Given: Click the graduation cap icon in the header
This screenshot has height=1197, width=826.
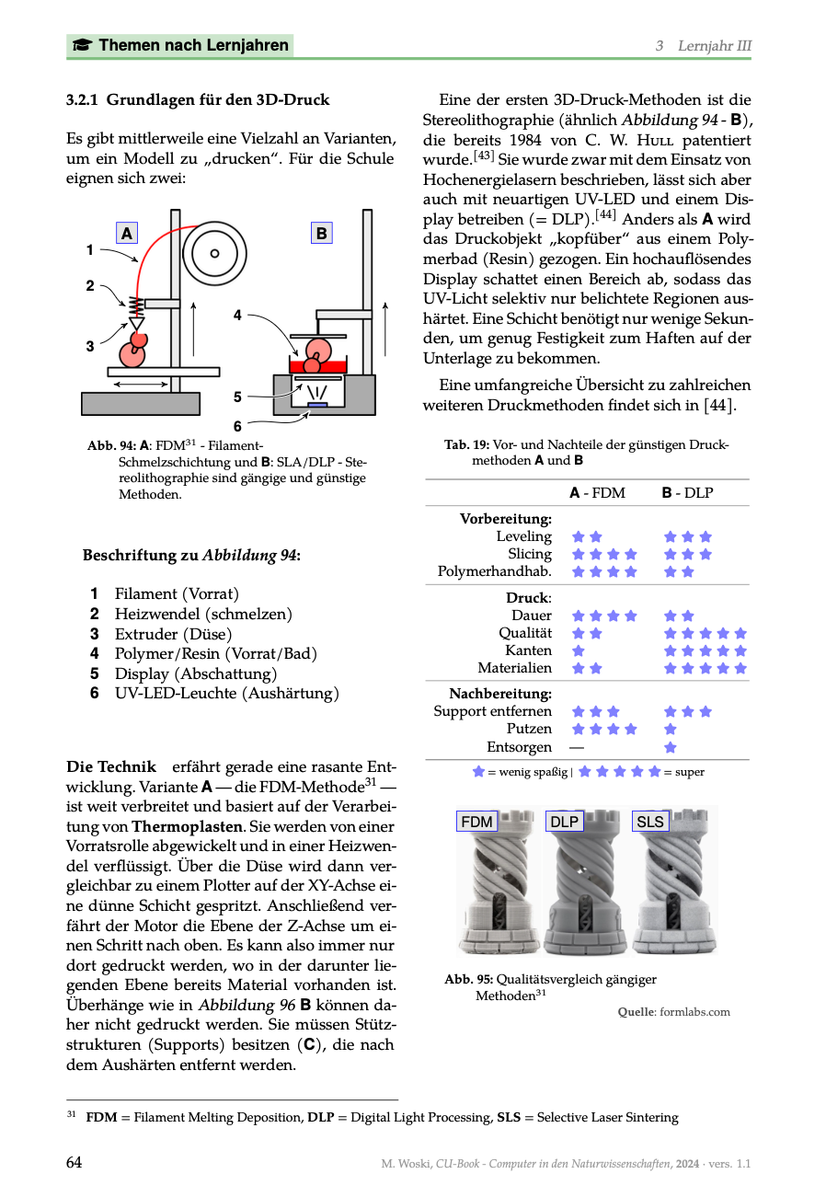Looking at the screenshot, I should tap(82, 45).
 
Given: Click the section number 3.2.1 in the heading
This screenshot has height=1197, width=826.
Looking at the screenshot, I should tap(84, 99).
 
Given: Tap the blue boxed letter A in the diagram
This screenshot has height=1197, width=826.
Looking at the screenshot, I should tap(127, 234).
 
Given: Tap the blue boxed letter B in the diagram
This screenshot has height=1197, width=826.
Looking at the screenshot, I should tap(321, 234).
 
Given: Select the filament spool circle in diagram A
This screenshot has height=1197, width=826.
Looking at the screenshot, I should tap(215, 253).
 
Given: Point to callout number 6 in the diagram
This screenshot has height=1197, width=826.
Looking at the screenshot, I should tap(237, 426).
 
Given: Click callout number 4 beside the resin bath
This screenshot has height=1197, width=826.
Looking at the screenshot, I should tap(237, 315).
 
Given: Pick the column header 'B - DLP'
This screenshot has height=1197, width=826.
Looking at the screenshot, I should tap(687, 493).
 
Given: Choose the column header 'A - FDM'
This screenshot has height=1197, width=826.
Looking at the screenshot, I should tap(597, 493).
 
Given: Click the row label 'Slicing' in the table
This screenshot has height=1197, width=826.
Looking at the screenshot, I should tap(530, 554).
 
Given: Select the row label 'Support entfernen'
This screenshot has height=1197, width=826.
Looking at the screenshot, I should tap(493, 711).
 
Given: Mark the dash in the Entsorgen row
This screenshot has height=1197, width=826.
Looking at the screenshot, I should tap(576, 747).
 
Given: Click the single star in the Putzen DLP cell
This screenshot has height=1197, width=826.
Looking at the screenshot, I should tap(671, 729).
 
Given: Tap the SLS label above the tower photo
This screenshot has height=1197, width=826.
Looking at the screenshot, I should tap(649, 822).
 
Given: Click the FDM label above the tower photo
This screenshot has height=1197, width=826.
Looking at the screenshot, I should tap(476, 822).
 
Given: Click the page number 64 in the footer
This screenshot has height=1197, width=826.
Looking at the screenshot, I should tap(75, 1163).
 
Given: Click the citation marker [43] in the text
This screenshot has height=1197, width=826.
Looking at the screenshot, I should tap(484, 155).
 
